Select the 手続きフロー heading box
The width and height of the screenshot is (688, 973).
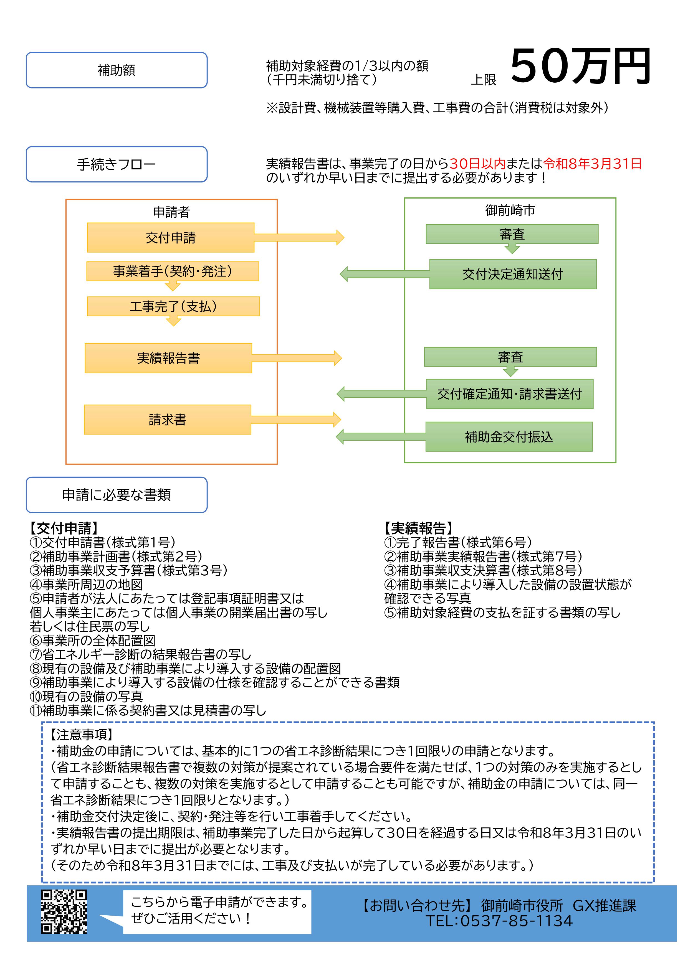(x=117, y=164)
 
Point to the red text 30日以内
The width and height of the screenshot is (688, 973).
(x=477, y=164)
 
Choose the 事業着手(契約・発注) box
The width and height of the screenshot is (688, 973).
(x=173, y=271)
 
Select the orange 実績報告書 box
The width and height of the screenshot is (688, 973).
(x=168, y=358)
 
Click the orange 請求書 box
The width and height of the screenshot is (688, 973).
(x=168, y=420)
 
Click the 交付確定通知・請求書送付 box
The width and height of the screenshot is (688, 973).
(x=510, y=394)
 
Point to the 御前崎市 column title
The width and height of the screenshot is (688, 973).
(x=510, y=210)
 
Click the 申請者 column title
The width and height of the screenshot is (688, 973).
(x=171, y=212)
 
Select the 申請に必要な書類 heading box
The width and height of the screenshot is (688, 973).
(x=117, y=495)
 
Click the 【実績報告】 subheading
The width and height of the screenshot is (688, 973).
(x=419, y=528)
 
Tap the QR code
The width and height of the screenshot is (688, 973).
(x=64, y=911)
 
